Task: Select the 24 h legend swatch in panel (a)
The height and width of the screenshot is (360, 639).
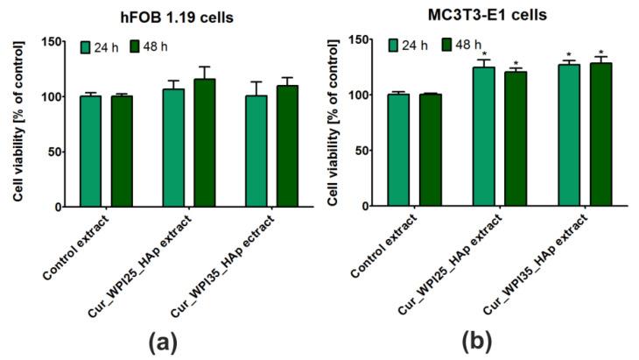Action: click(x=86, y=46)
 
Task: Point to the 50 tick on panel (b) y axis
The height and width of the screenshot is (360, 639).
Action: click(x=362, y=151)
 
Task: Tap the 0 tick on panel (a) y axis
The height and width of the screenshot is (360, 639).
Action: click(x=57, y=207)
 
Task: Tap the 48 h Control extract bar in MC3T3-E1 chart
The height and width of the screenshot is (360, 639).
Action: click(x=430, y=150)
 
